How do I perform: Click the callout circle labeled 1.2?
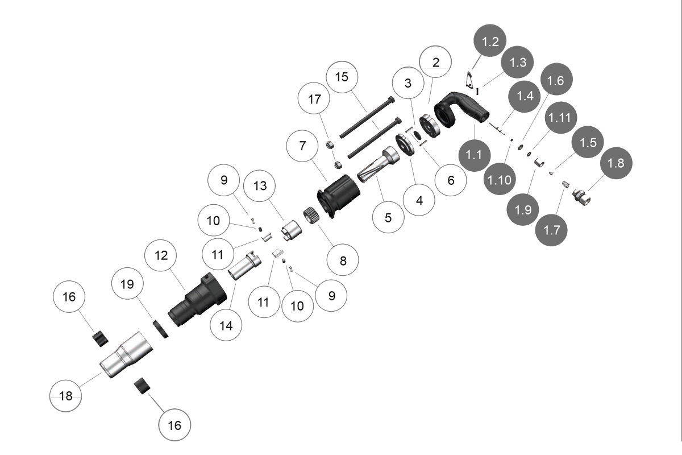click(x=490, y=42)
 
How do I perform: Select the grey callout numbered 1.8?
click(x=616, y=163)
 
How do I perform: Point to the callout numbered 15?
click(x=342, y=76)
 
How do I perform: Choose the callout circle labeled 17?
click(x=314, y=99)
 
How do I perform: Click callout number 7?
click(x=303, y=146)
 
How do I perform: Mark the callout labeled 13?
click(x=260, y=186)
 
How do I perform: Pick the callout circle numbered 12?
click(x=161, y=255)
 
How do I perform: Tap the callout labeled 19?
click(x=127, y=284)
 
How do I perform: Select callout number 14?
click(x=226, y=326)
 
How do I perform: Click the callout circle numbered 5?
click(x=388, y=217)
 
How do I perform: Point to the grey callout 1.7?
click(x=551, y=230)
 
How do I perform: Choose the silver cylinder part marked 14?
click(x=243, y=266)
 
